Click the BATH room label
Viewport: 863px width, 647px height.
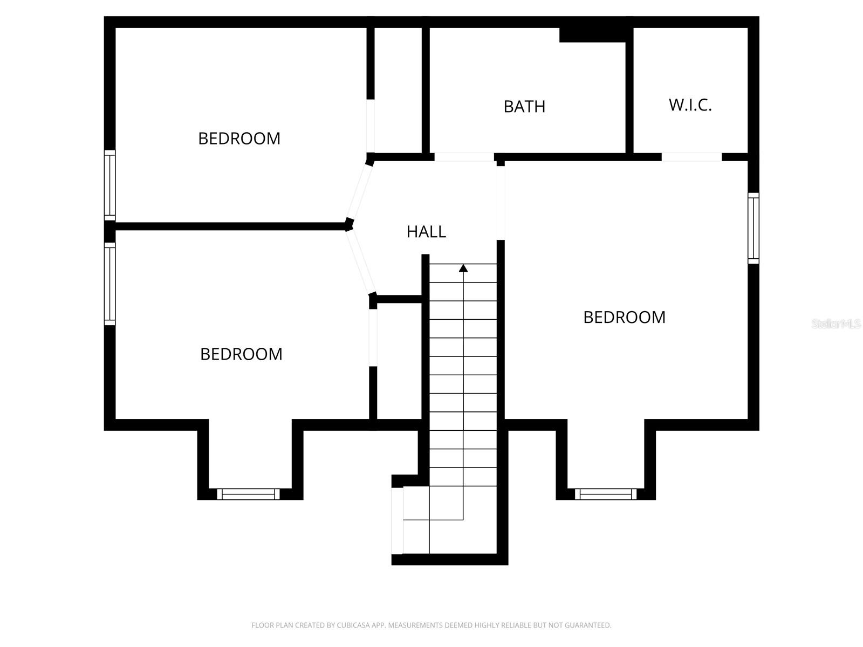[x=524, y=107]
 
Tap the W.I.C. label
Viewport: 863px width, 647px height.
[x=690, y=105]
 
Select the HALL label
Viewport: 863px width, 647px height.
[x=426, y=232]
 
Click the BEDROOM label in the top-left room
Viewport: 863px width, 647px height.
[x=239, y=139]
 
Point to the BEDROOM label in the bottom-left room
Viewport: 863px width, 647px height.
[x=241, y=354]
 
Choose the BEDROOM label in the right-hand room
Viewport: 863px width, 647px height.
[x=624, y=317]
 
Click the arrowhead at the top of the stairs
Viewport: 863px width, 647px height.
[x=463, y=267]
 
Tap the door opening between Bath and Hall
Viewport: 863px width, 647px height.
[x=464, y=157]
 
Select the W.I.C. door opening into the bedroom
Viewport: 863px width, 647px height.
[x=691, y=157]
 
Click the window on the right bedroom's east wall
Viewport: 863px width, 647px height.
[x=753, y=229]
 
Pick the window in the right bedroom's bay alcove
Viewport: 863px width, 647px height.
[x=606, y=494]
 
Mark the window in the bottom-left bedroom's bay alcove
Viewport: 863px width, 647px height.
[x=248, y=494]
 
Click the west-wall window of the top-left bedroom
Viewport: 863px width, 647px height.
[x=109, y=185]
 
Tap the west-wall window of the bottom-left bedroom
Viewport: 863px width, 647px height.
[x=109, y=284]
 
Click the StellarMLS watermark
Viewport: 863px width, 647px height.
[x=835, y=324]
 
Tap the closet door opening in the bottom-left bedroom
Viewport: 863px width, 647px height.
[x=373, y=338]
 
